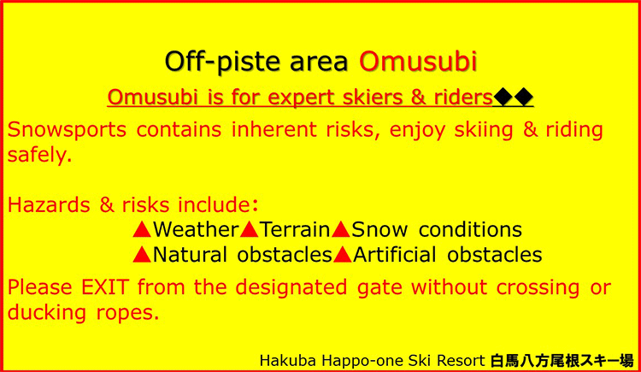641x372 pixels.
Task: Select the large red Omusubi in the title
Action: (418, 61)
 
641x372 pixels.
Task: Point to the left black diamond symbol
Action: (503, 97)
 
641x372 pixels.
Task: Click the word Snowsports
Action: (67, 130)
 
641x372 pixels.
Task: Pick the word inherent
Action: (274, 129)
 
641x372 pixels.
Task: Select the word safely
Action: (39, 155)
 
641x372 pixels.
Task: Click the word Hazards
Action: (49, 204)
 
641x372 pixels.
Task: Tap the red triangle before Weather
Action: (142, 229)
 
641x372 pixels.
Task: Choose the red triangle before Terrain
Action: (249, 229)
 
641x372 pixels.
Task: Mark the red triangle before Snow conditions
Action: (341, 229)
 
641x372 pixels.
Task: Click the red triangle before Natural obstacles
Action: (142, 255)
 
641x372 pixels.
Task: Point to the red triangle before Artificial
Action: (343, 255)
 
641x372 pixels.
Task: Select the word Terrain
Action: (295, 229)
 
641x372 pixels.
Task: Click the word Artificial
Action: (395, 255)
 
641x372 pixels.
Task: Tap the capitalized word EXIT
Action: (105, 287)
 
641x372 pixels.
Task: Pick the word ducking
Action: (47, 313)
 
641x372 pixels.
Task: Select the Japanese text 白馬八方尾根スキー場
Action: (562, 361)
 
